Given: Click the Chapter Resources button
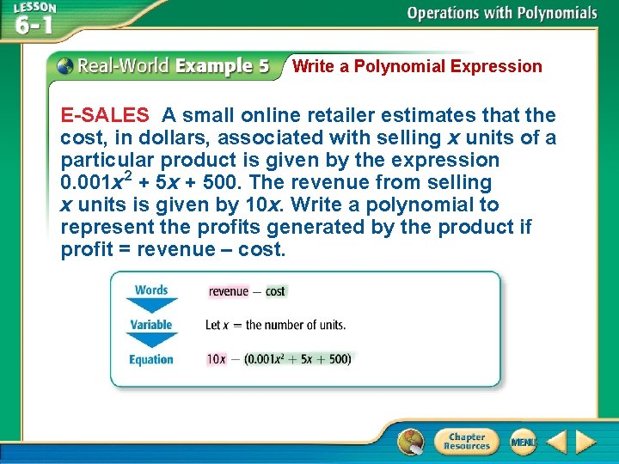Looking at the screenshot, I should pos(466,442).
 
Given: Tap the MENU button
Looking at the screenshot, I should pos(522,442).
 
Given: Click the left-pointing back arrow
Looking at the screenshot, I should pos(555,442).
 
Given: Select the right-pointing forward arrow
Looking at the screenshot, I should pos(585,442).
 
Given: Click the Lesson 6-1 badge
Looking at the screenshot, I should pos(34,18).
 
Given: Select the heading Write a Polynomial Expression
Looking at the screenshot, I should pos(417,66).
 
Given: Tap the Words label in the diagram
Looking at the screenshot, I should pos(151,290).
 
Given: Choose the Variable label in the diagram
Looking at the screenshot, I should pos(151,325).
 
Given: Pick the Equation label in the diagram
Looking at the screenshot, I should pos(151,359).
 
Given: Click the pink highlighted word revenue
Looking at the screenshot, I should pos(228,291).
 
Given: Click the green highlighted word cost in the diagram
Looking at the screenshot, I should pos(275,291).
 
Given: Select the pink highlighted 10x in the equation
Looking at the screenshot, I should pos(216,359).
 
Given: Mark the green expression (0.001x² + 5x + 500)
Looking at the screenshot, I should pos(297,359).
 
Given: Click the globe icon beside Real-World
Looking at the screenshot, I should pos(64,66).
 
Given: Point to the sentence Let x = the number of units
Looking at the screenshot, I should pos(275,325).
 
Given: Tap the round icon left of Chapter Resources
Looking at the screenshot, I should pos(411,442).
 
